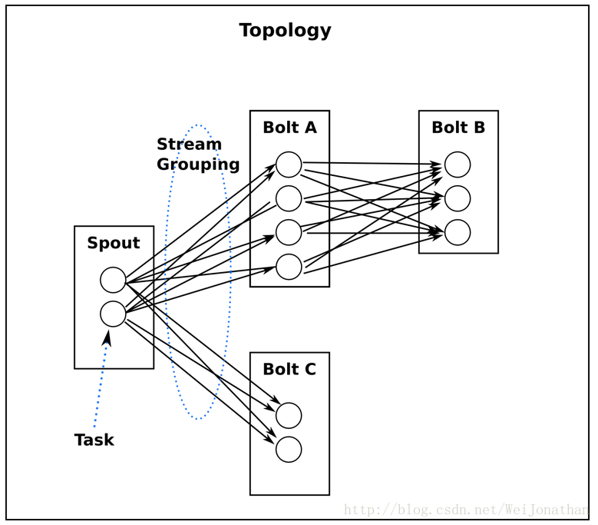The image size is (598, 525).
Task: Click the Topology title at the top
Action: [x=285, y=31]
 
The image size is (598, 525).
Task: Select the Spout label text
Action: [x=114, y=243]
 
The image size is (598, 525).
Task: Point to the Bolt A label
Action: [x=290, y=128]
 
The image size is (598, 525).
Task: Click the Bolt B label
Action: [x=458, y=128]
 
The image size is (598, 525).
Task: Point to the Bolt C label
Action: [x=289, y=369]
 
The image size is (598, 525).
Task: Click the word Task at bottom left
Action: [x=94, y=440]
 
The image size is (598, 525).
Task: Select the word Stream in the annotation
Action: [x=189, y=145]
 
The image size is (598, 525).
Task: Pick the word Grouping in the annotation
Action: [x=198, y=165]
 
